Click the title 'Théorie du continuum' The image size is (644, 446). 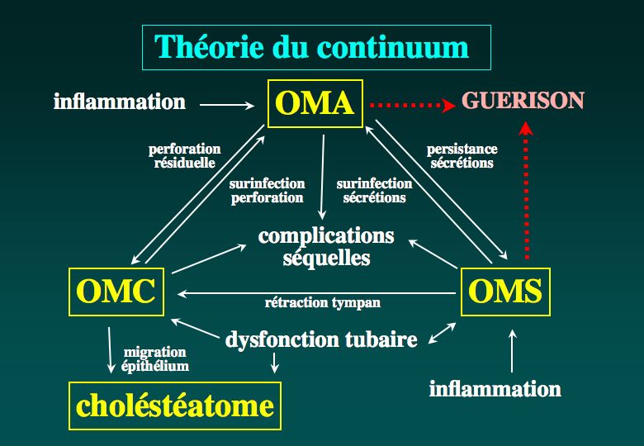tap(312, 47)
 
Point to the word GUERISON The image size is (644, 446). tap(523, 101)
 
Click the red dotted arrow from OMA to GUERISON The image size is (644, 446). tap(412, 106)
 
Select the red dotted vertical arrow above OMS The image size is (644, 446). tap(526, 190)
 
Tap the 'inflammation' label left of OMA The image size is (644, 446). tap(120, 102)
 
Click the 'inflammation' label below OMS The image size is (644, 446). tap(495, 388)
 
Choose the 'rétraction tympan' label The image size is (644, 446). tap(322, 303)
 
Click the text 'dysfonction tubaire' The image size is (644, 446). tap(321, 339)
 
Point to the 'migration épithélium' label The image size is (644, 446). tap(155, 359)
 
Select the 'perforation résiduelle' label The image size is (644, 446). tap(184, 156)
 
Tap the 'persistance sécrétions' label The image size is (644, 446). tap(462, 156)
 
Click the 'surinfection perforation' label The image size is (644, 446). tap(267, 191)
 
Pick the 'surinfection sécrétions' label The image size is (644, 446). tap(374, 191)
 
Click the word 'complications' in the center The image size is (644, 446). tap(326, 236)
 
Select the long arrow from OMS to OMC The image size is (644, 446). tap(317, 294)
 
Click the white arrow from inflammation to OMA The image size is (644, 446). tap(227, 105)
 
